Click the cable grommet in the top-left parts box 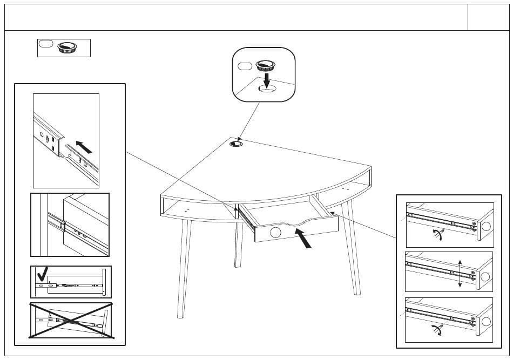tap(67, 47)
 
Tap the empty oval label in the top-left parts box tap(46, 44)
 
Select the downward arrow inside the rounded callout tap(266, 79)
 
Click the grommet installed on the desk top tap(237, 144)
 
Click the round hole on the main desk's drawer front tap(275, 233)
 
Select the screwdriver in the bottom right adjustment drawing tap(437, 331)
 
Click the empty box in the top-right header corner tap(488, 18)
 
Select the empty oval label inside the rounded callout tap(245, 66)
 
